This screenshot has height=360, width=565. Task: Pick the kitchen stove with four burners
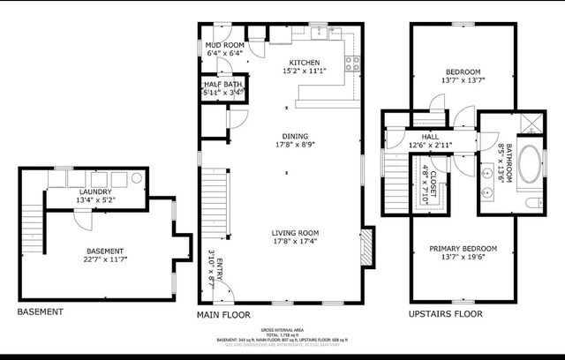click(x=352, y=63)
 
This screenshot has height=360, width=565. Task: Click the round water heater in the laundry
click(x=138, y=178)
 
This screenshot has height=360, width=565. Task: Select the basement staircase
click(x=33, y=215)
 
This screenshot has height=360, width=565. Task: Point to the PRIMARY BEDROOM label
click(x=463, y=248)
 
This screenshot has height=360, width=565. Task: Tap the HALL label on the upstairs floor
click(x=430, y=137)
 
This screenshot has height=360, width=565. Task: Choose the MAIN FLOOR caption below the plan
click(x=223, y=314)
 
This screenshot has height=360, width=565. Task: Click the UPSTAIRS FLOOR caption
click(x=446, y=314)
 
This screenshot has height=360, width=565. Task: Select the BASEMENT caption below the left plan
click(x=40, y=312)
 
